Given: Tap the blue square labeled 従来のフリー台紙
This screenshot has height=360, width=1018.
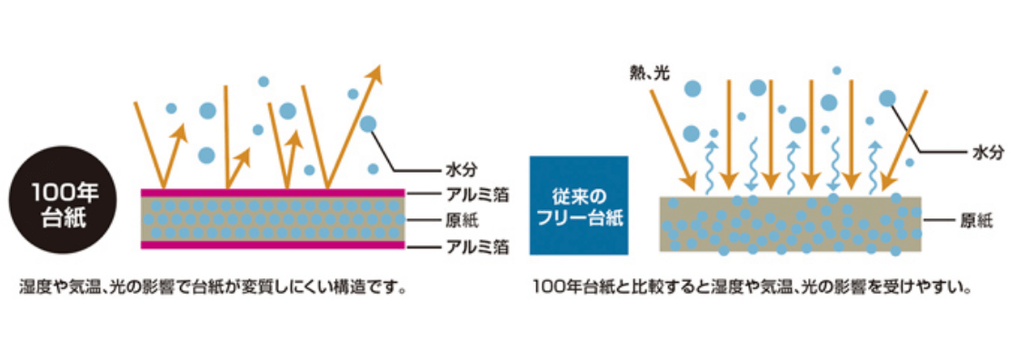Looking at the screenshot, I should click(x=579, y=207).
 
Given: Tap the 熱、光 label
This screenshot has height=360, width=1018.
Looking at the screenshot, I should click(x=648, y=72).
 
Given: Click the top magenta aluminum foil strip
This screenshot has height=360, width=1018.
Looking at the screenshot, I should click(x=273, y=193).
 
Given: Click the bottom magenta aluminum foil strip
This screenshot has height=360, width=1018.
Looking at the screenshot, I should click(x=273, y=244).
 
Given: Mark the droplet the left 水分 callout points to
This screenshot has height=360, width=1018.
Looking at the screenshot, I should click(x=368, y=125).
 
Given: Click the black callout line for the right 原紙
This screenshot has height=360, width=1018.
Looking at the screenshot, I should click(x=938, y=219).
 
